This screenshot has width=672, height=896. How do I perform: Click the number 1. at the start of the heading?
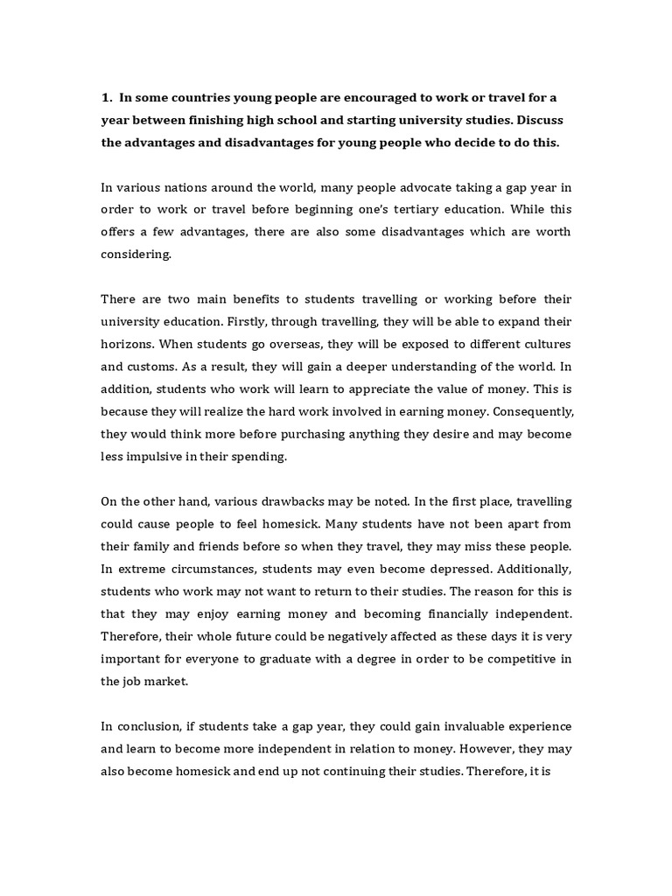pyautogui.click(x=108, y=97)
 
